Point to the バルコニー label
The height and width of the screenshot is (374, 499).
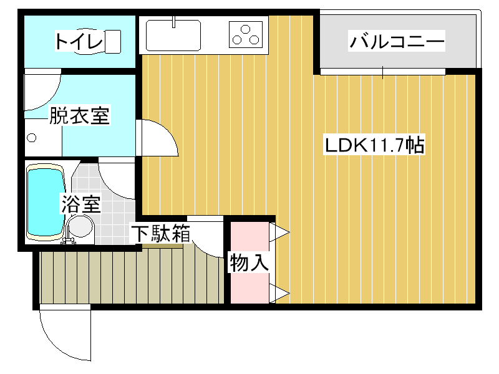[x=397, y=42]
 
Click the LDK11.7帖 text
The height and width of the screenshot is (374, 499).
[x=374, y=145]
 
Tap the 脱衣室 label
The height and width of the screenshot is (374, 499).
[x=79, y=116]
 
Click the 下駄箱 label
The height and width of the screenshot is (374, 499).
[x=160, y=234]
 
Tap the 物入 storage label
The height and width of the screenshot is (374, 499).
[x=249, y=262]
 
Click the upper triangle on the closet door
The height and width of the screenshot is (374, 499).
[x=279, y=233]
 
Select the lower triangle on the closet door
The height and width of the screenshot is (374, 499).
[x=279, y=292]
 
